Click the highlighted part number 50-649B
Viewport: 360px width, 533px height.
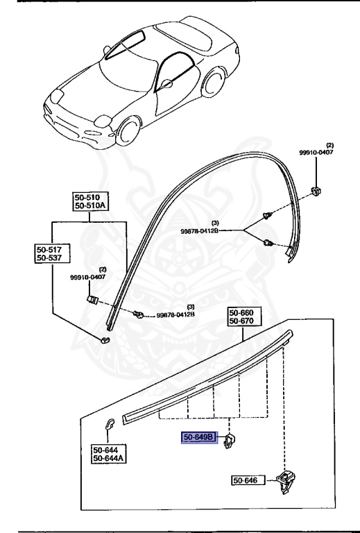[x=200, y=438]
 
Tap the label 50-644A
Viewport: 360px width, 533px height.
[x=106, y=459]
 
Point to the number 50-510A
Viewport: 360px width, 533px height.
[x=91, y=205]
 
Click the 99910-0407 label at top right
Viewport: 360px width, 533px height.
[x=316, y=153]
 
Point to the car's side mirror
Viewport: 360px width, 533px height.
[x=166, y=85]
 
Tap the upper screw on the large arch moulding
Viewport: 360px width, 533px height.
[x=266, y=217]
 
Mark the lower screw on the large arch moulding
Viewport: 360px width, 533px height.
[x=268, y=243]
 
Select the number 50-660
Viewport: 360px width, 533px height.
[x=242, y=313]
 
